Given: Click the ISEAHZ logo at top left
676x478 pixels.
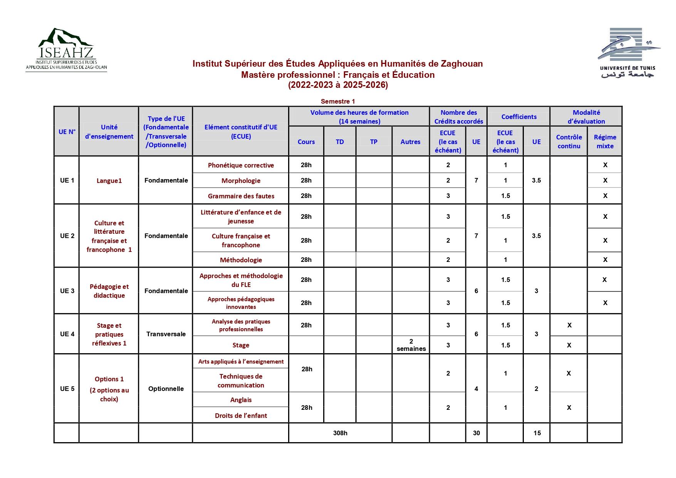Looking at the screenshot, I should click(66, 49).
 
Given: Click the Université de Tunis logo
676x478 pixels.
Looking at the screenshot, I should click(627, 52).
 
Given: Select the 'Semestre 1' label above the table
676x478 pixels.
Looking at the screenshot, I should click(337, 101).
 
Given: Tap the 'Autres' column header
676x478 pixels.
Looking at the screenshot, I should click(410, 142).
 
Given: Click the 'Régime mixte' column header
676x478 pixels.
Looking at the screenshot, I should click(605, 141).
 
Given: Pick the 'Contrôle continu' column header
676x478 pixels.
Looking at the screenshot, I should click(569, 141).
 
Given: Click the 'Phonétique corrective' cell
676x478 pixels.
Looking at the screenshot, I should click(241, 165).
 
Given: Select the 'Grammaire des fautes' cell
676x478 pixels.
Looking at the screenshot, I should click(241, 196).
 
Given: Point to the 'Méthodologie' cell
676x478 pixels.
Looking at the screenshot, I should click(241, 260).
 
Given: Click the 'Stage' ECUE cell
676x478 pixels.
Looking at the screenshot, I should click(241, 345).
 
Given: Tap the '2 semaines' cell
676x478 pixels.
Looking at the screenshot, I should click(411, 345).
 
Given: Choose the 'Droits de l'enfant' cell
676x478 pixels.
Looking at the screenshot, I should click(241, 416).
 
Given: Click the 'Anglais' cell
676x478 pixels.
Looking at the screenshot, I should click(241, 400).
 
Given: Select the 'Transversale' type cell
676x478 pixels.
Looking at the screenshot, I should click(166, 334).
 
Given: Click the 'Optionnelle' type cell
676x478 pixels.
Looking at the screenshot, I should click(166, 389).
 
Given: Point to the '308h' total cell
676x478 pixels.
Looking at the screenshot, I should click(340, 433).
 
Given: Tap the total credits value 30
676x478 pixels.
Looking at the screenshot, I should click(476, 433).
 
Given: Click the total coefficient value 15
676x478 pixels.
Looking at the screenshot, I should click(537, 433).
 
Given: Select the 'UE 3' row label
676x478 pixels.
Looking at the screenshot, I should click(67, 291).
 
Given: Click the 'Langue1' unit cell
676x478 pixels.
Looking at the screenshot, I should click(109, 181).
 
